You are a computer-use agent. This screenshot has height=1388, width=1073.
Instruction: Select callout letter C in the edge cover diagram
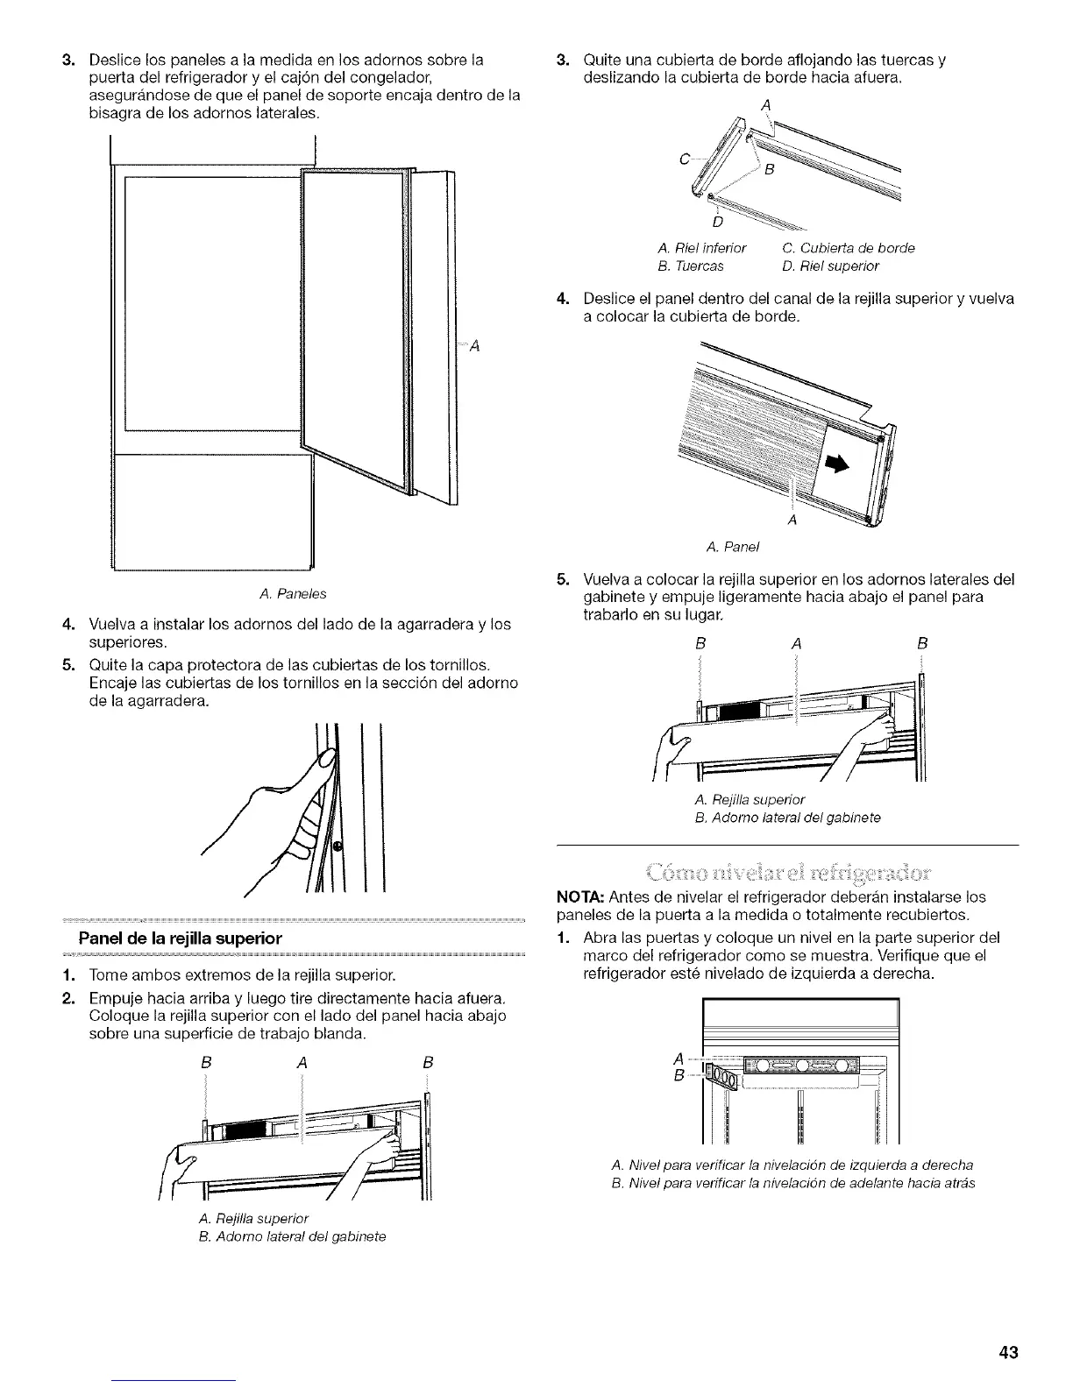point(684,160)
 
